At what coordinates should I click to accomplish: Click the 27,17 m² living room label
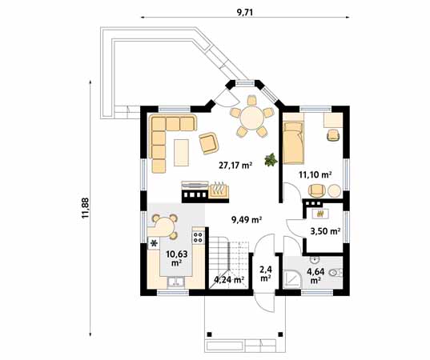tap(235, 166)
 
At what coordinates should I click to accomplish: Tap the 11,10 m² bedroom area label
tap(315, 174)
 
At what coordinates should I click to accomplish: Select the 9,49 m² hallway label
tap(247, 220)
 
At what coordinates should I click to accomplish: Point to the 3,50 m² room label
tap(325, 231)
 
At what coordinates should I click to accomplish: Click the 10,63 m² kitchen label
tap(177, 258)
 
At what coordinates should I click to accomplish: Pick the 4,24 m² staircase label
tap(229, 280)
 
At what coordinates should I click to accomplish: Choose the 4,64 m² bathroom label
tap(315, 276)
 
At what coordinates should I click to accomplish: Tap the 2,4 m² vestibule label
tap(266, 274)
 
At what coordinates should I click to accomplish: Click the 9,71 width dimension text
tap(244, 12)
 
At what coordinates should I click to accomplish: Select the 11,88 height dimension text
tap(86, 208)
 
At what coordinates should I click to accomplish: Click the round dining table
tap(251, 118)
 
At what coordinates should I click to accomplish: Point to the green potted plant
tap(271, 159)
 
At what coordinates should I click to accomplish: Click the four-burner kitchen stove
tap(199, 237)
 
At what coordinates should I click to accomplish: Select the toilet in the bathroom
tap(336, 273)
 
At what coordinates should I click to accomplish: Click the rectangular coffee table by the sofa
tap(181, 153)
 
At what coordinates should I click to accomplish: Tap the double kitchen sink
tap(176, 282)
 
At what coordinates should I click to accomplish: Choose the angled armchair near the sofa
tap(209, 143)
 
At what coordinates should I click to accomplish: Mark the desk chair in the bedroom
tap(333, 134)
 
